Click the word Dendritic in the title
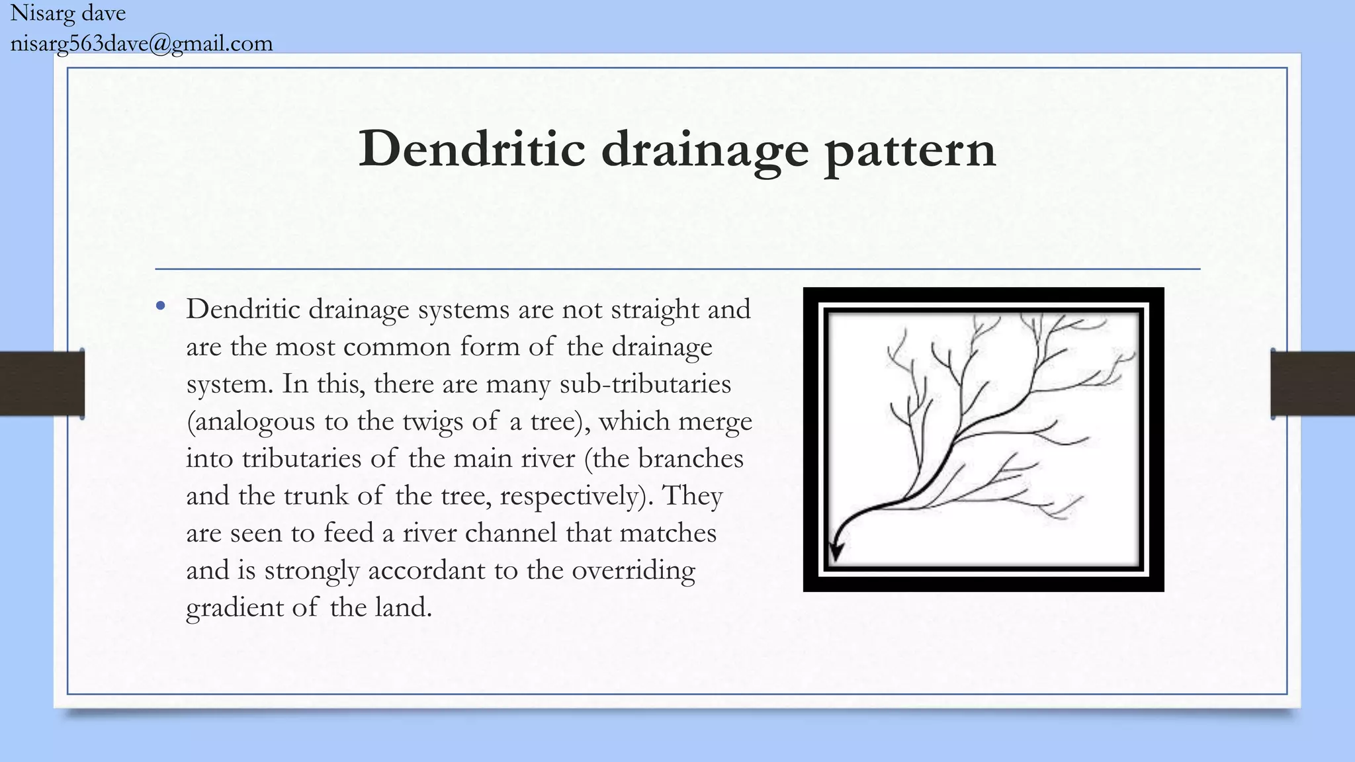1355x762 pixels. point(472,149)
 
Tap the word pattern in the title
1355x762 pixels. point(910,151)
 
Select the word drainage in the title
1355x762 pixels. point(705,151)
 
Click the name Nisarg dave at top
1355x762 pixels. point(67,13)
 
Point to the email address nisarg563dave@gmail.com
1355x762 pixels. point(142,44)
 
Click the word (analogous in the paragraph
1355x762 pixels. point(251,421)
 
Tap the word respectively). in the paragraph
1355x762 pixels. point(576,495)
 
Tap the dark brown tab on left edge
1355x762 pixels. point(42,384)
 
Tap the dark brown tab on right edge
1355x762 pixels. point(1313,384)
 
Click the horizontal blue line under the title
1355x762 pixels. point(677,269)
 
